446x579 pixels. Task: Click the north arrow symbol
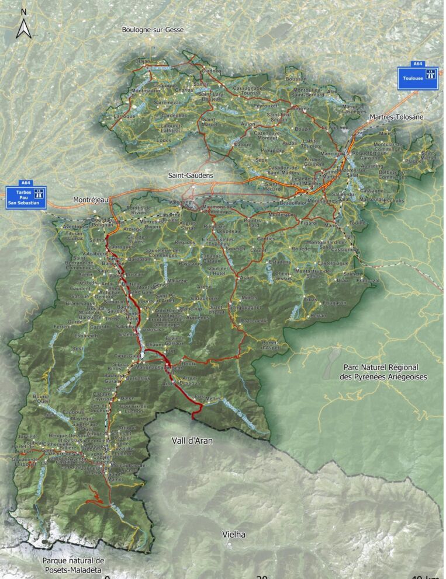point(23,26)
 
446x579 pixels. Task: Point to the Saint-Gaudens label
point(191,175)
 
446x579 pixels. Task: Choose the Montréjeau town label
point(91,200)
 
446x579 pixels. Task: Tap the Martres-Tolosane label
point(396,117)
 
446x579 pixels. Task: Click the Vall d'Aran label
point(192,441)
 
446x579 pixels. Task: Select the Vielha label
point(234,534)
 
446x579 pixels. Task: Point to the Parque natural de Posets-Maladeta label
point(72,565)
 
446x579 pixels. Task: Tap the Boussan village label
point(296,79)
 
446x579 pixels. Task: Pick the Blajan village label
point(143,61)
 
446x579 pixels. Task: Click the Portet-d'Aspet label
point(269,344)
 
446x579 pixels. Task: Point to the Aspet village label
point(248,277)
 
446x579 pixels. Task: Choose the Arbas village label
point(312,299)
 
